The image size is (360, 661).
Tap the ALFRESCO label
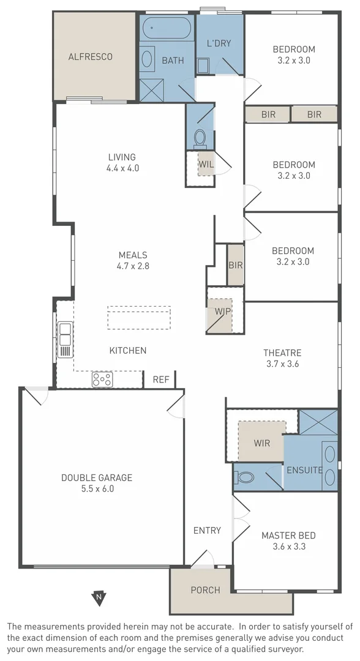coord(90,56)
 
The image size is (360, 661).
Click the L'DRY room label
coord(218,43)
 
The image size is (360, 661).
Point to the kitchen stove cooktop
coord(102,379)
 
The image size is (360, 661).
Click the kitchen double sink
coord(65,340)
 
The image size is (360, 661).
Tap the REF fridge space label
coord(161,379)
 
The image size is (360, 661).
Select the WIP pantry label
coord(222,310)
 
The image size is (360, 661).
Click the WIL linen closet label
coord(206,163)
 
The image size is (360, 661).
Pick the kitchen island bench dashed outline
coord(139,318)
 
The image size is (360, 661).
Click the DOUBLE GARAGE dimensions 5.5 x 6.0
coord(97,488)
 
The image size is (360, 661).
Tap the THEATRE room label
coord(282,353)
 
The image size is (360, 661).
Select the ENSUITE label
coord(305,470)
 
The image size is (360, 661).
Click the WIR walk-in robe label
coord(261,441)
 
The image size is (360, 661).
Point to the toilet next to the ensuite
coord(246,477)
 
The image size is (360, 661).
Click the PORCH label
coord(205,590)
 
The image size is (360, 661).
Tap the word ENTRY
coord(207,530)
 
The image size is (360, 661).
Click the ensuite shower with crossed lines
coord(318,422)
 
